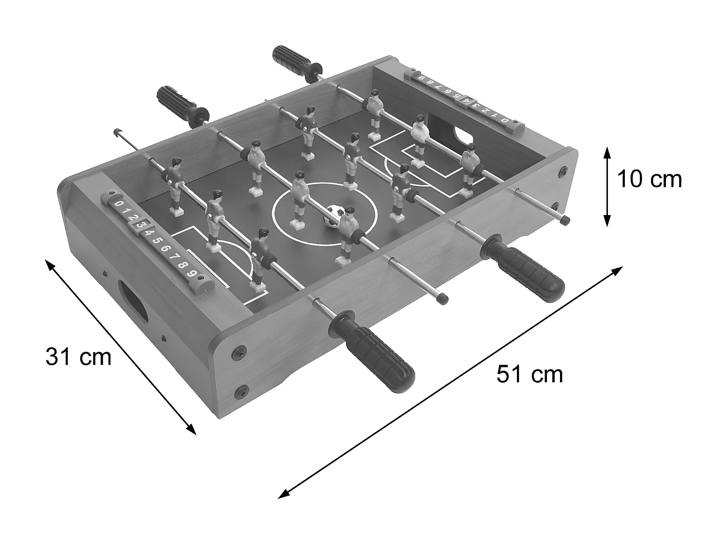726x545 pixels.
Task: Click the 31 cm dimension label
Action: click(x=78, y=358)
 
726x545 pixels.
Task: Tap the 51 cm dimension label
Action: click(x=529, y=374)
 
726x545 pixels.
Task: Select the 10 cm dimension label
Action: click(x=649, y=179)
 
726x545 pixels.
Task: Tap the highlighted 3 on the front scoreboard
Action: click(x=140, y=224)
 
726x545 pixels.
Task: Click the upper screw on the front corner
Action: click(x=239, y=352)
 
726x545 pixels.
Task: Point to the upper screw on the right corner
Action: click(x=562, y=171)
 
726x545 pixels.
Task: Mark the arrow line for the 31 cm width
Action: click(x=121, y=347)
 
